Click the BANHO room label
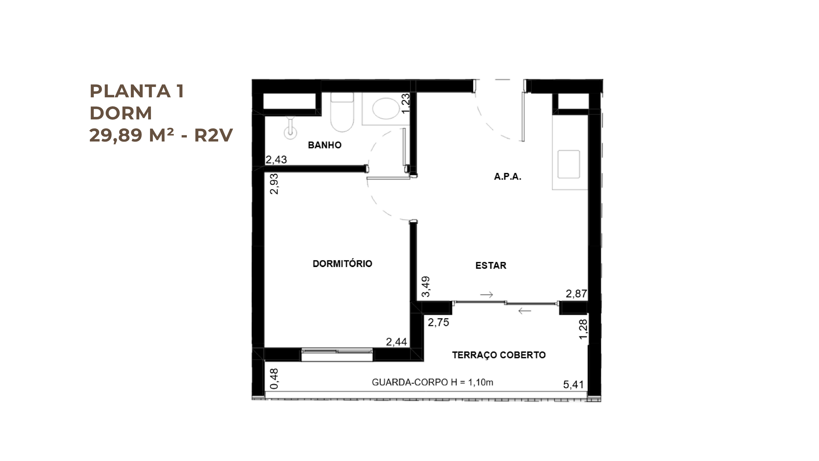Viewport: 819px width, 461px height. pyautogui.click(x=325, y=145)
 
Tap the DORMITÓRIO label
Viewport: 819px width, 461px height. pyautogui.click(x=342, y=263)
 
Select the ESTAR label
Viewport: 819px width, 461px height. pyautogui.click(x=491, y=265)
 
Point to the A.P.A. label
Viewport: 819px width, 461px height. pyautogui.click(x=508, y=176)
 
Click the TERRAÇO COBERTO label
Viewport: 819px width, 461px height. pyautogui.click(x=499, y=355)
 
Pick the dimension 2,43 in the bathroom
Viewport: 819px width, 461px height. pyautogui.click(x=276, y=159)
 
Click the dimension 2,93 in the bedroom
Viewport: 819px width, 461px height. pyautogui.click(x=274, y=184)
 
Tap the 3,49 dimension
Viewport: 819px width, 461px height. pyautogui.click(x=426, y=287)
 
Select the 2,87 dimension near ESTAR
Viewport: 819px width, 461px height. pyautogui.click(x=576, y=294)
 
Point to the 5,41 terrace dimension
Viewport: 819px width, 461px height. pyautogui.click(x=574, y=384)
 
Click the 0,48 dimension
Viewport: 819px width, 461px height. pyautogui.click(x=274, y=379)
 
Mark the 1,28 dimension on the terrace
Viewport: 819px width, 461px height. pyautogui.click(x=584, y=329)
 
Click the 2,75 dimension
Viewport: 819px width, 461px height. pyautogui.click(x=439, y=322)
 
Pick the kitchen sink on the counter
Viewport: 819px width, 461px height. pyautogui.click(x=569, y=164)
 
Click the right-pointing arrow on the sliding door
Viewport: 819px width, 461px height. pyautogui.click(x=486, y=295)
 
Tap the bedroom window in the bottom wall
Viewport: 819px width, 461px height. pyautogui.click(x=337, y=355)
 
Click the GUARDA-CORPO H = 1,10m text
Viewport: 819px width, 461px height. pyautogui.click(x=433, y=382)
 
